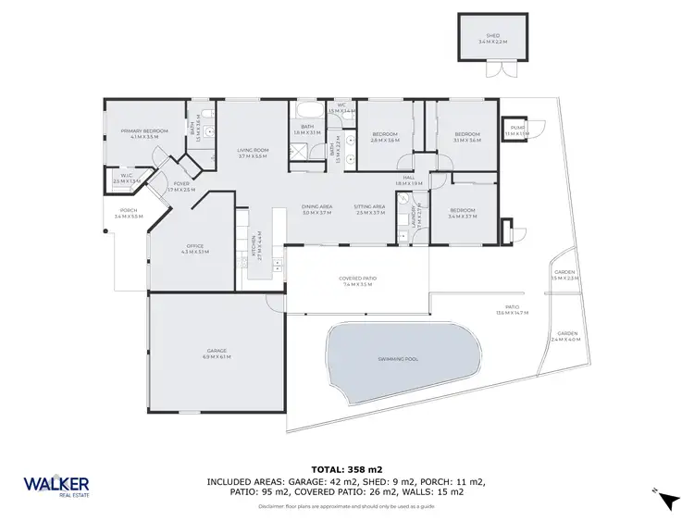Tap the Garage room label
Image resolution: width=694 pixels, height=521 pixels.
(x=215, y=353)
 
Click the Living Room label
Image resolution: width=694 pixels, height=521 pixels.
(x=252, y=153)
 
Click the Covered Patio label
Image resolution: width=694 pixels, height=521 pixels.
(x=356, y=280)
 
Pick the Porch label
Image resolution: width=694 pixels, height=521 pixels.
(x=129, y=213)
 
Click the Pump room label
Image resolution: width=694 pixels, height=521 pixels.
(x=516, y=131)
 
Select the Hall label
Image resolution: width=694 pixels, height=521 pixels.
(x=408, y=180)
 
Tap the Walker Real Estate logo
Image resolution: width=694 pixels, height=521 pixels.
(x=56, y=487)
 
